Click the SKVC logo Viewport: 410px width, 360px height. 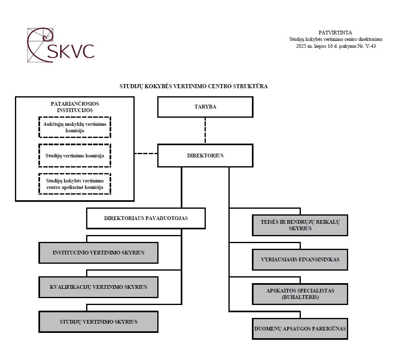click(x=61, y=45)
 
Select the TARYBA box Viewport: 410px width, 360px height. click(x=205, y=107)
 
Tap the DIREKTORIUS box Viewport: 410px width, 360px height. click(x=205, y=155)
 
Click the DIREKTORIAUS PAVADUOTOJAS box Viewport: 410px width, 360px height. click(x=146, y=218)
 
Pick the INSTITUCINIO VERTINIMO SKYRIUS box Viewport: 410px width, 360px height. click(x=98, y=253)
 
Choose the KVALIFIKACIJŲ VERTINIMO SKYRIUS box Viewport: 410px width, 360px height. click(x=98, y=287)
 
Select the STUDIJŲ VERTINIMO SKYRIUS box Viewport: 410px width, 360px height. click(x=98, y=322)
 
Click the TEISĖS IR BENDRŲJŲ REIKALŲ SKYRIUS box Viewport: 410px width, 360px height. click(x=300, y=225)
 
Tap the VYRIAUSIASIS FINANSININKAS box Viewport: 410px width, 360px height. click(x=300, y=260)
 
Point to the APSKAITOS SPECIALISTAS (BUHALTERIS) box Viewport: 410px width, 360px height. click(x=300, y=294)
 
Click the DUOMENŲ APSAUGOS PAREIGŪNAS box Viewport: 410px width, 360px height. click(x=300, y=328)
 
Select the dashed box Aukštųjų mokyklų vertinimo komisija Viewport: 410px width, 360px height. click(x=75, y=127)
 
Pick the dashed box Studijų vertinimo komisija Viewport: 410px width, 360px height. click(x=75, y=155)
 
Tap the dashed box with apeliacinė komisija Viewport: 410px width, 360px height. click(x=75, y=184)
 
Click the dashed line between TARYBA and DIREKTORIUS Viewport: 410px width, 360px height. click(x=205, y=131)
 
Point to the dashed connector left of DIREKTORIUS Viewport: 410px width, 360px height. click(x=146, y=154)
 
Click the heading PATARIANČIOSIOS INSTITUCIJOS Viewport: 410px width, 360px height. click(x=75, y=107)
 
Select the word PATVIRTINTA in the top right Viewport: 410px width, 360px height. click(x=335, y=33)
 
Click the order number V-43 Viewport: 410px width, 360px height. click(x=370, y=46)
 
